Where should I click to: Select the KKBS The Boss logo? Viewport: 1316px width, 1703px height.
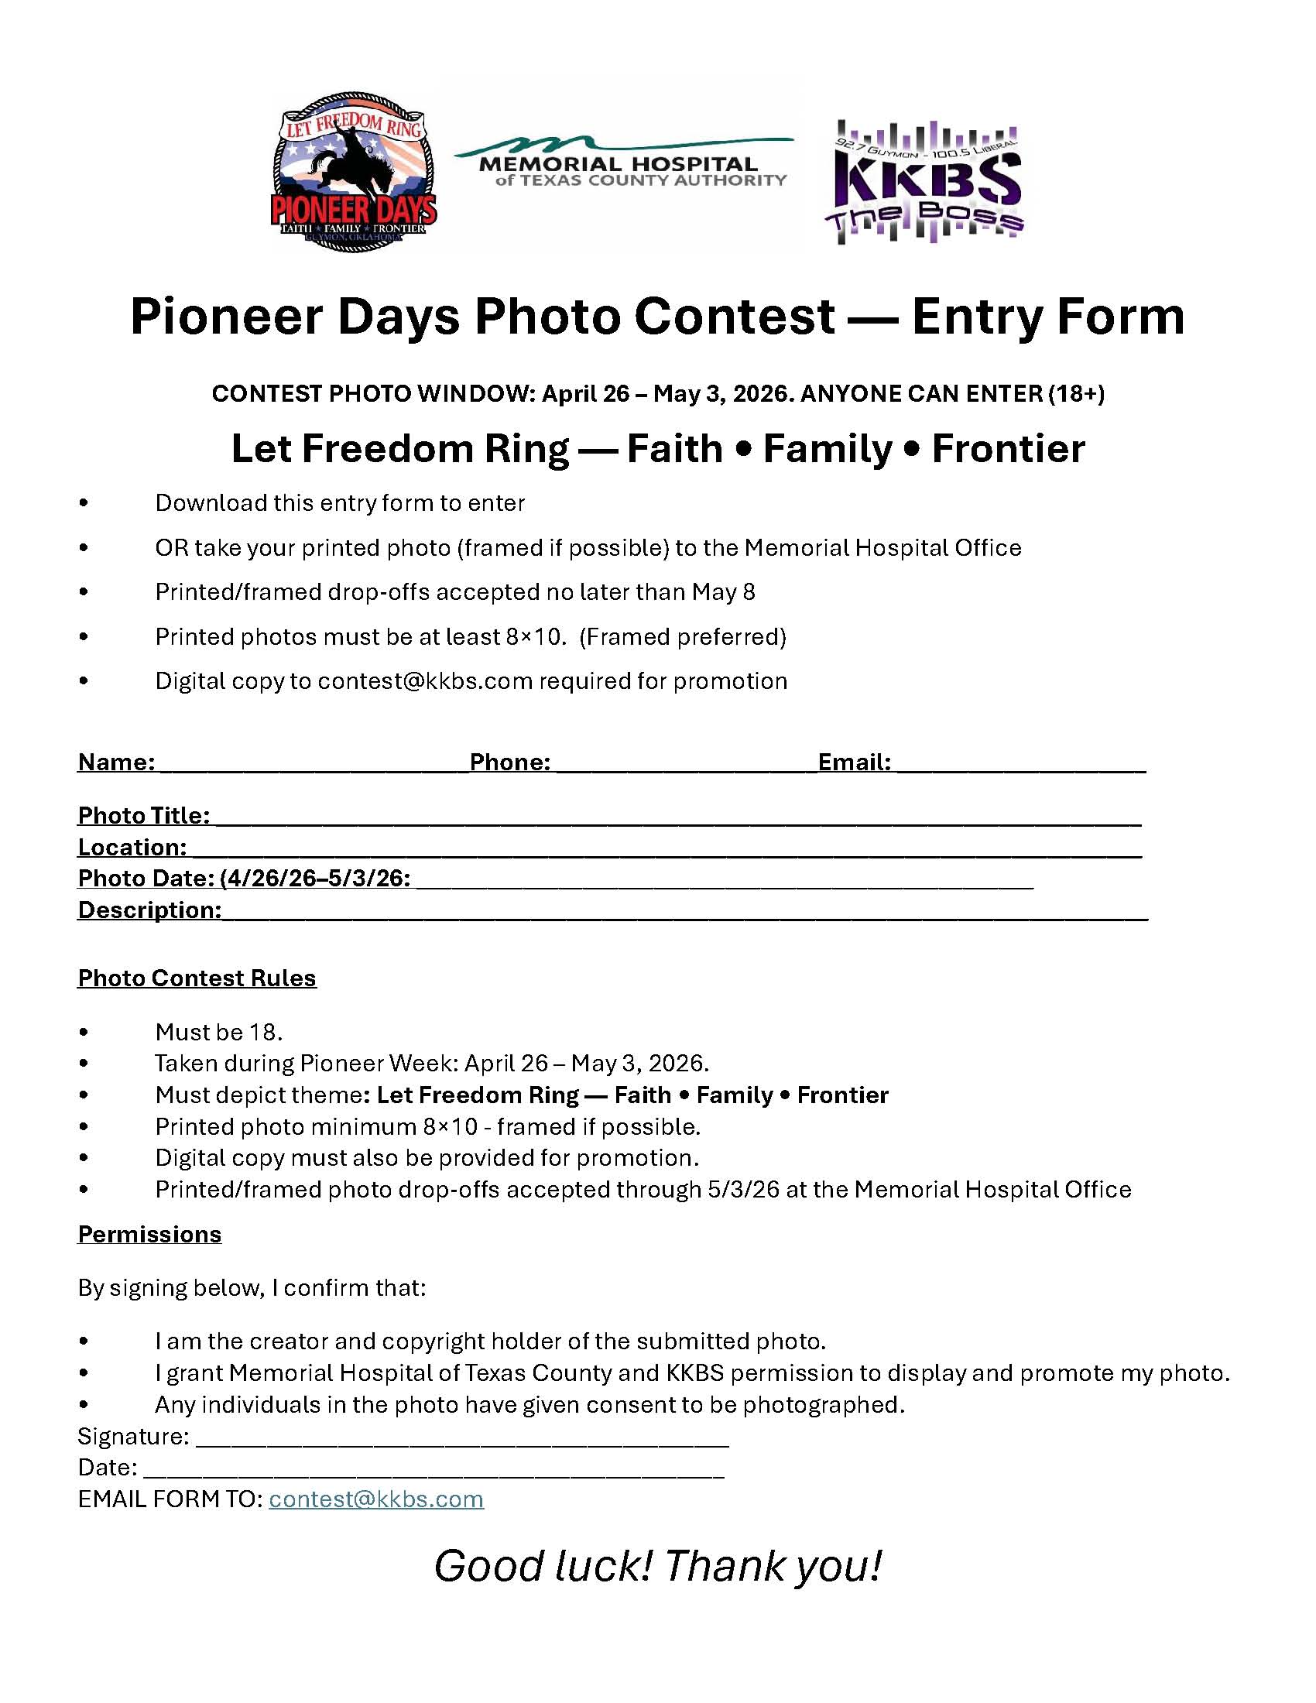click(925, 183)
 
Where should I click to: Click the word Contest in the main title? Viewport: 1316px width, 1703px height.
click(734, 317)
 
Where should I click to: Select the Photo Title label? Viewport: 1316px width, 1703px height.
click(143, 816)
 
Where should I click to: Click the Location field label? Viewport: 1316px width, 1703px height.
click(132, 848)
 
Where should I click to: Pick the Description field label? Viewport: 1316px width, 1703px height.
click(149, 910)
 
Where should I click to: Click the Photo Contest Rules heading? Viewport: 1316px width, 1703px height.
click(197, 978)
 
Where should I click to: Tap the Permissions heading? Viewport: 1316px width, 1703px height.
click(149, 1234)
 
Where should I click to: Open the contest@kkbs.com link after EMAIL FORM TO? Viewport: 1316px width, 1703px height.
click(375, 1499)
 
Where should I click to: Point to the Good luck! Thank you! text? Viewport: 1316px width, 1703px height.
click(657, 1566)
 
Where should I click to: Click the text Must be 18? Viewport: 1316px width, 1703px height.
click(218, 1032)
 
